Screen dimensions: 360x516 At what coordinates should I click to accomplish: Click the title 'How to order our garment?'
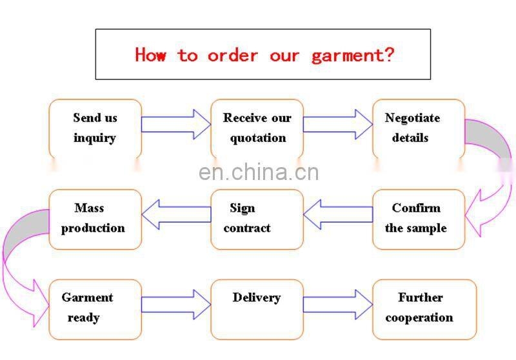[x=263, y=55]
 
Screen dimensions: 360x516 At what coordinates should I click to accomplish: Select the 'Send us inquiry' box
[x=95, y=128]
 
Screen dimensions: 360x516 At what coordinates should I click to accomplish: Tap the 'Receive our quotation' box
[x=257, y=128]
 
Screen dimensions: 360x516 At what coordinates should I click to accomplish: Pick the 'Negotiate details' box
[x=418, y=128]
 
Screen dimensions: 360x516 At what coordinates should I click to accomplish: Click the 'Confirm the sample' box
[x=418, y=219]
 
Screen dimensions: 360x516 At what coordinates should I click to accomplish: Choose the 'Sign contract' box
[x=257, y=219]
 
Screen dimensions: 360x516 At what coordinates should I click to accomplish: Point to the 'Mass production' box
[x=95, y=219]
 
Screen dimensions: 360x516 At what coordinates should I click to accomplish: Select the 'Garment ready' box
[x=95, y=309]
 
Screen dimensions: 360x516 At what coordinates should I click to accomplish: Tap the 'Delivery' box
[x=257, y=309]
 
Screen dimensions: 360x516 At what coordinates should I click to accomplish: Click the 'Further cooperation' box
[x=424, y=309]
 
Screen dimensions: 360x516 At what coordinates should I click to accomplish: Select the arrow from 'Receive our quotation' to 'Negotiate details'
[x=337, y=124]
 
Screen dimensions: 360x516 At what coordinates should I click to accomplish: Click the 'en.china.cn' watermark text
[x=259, y=172]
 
